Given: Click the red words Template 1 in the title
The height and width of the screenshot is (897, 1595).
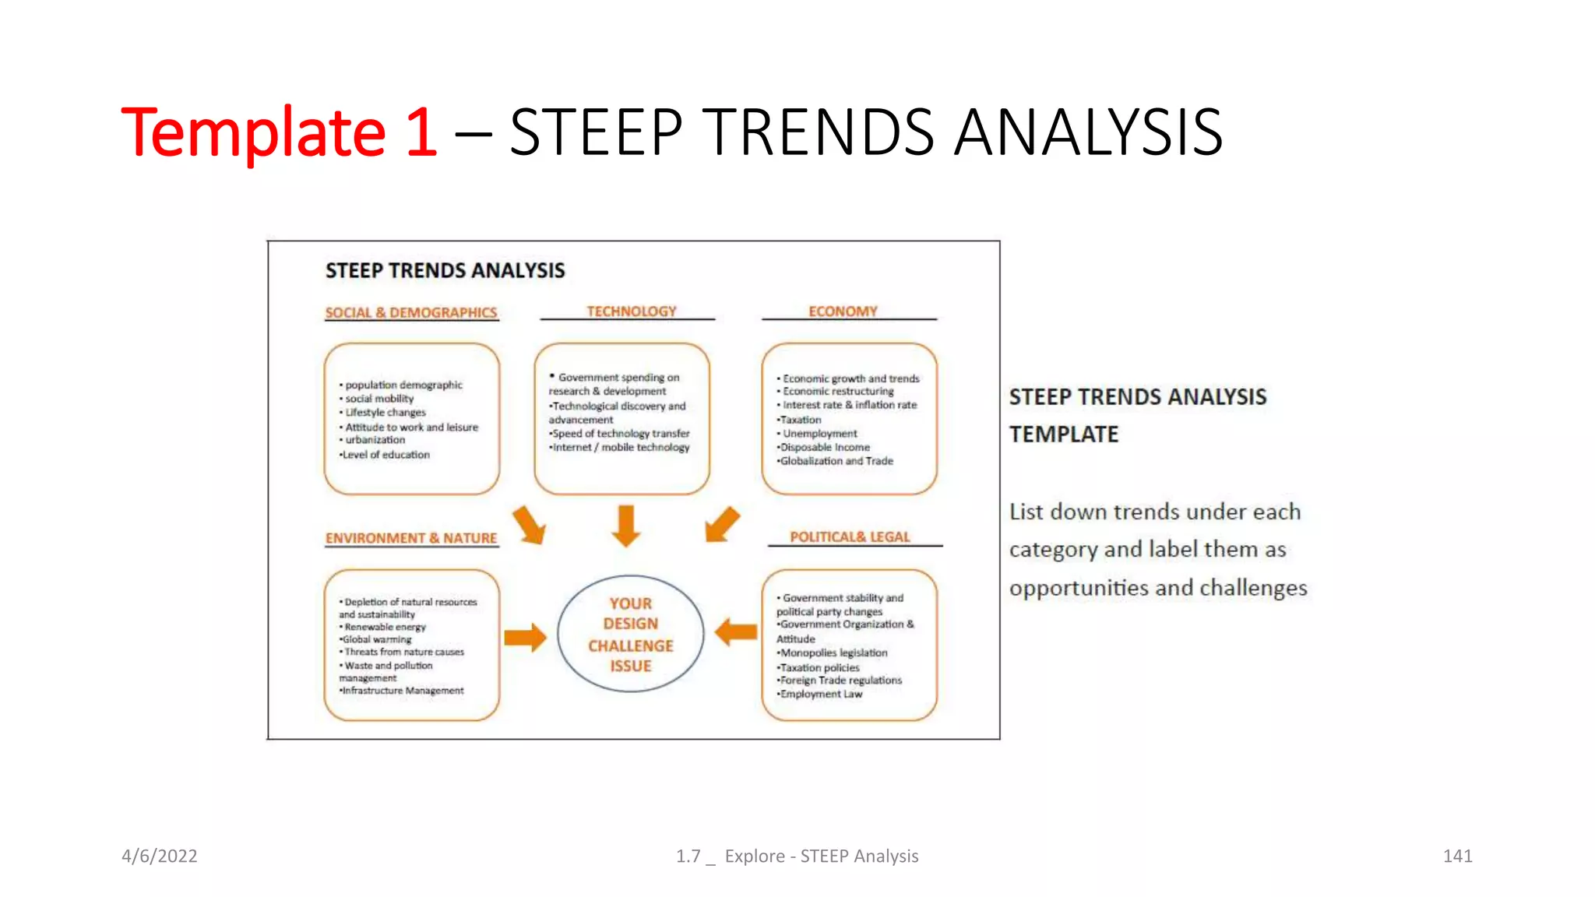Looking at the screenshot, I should pyautogui.click(x=279, y=132).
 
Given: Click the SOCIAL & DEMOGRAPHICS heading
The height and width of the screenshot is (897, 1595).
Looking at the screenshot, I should pyautogui.click(x=410, y=312).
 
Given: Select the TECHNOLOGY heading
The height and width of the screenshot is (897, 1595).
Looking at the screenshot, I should pyautogui.click(x=631, y=311).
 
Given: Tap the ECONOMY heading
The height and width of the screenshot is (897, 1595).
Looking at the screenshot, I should pyautogui.click(x=842, y=311).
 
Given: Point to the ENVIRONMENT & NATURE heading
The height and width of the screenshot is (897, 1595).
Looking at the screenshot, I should pyautogui.click(x=410, y=537).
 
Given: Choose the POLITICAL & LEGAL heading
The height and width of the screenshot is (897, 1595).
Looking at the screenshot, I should pyautogui.click(x=849, y=536).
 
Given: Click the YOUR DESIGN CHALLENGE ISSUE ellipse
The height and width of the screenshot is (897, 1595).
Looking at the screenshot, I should pyautogui.click(x=630, y=634).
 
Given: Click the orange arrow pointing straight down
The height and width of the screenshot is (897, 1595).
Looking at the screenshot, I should pyautogui.click(x=626, y=526).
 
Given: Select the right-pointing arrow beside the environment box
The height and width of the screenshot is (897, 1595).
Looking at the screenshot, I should pyautogui.click(x=525, y=637).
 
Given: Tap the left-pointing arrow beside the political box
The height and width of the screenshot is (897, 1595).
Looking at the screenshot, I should pyautogui.click(x=735, y=631).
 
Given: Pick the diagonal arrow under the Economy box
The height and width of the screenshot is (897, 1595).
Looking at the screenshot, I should pyautogui.click(x=721, y=524).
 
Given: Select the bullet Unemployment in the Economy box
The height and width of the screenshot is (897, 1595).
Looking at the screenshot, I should pyautogui.click(x=819, y=433).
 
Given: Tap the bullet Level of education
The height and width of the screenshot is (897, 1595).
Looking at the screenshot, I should pyautogui.click(x=386, y=455).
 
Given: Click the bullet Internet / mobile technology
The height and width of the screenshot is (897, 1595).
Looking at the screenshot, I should pyautogui.click(x=620, y=447).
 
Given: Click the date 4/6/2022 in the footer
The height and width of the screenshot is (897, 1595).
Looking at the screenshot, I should pyautogui.click(x=159, y=856).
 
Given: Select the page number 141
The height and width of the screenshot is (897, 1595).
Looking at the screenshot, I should pyautogui.click(x=1457, y=856).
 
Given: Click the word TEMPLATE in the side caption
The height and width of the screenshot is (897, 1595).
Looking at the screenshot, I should pyautogui.click(x=1063, y=434).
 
